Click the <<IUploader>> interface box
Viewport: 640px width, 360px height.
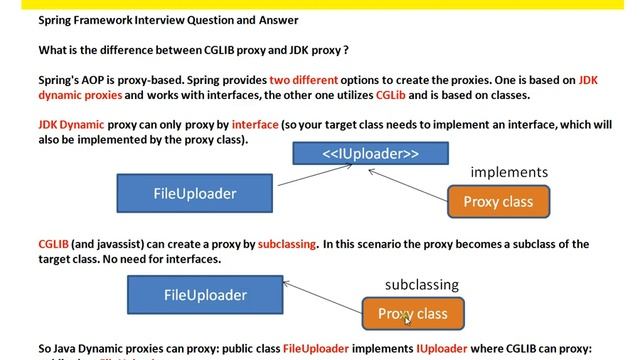tap(370, 153)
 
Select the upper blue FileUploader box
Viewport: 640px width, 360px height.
tap(194, 194)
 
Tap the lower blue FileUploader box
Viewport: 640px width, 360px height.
tap(205, 295)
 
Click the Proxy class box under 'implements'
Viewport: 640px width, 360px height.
tap(498, 202)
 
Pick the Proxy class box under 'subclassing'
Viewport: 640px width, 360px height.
tap(412, 314)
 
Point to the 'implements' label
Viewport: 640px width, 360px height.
tap(509, 172)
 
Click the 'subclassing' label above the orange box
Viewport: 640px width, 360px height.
tap(421, 285)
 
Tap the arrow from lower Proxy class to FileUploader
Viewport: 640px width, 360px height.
tap(322, 304)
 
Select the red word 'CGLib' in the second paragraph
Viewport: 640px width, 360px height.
tap(390, 95)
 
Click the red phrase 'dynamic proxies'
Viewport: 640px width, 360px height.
tap(80, 95)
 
